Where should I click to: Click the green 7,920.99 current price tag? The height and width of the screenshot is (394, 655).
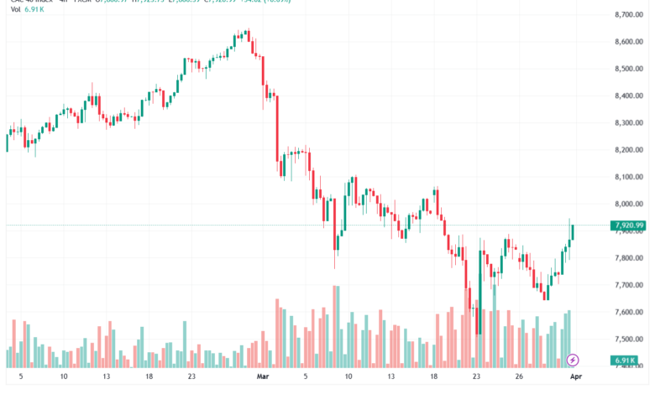pyautogui.click(x=629, y=225)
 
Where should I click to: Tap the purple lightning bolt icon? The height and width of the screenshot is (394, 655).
pyautogui.click(x=574, y=360)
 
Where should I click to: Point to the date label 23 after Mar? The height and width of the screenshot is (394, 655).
pyautogui.click(x=476, y=377)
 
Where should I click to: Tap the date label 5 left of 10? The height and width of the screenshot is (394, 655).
pyautogui.click(x=20, y=377)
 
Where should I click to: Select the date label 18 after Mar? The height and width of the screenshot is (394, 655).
pyautogui.click(x=434, y=377)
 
